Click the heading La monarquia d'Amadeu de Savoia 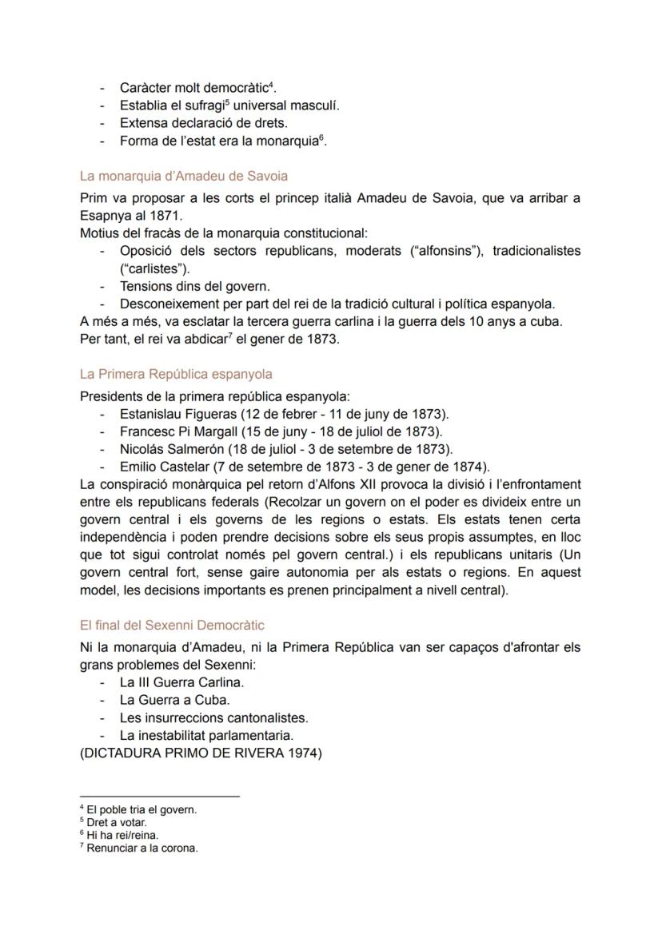click(x=184, y=176)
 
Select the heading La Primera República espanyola click(x=176, y=373)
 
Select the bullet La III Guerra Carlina click(x=181, y=682)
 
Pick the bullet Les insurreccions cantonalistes click(x=213, y=717)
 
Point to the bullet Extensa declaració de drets click(x=203, y=123)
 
